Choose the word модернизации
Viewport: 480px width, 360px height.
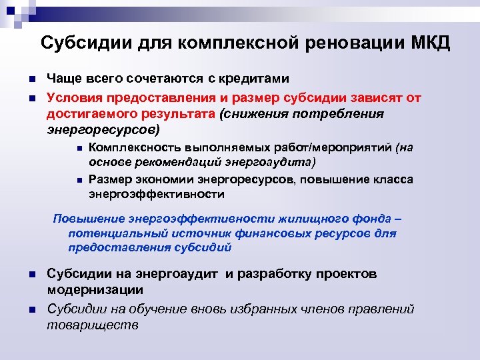[95, 290]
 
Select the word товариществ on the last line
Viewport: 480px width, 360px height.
[93, 325]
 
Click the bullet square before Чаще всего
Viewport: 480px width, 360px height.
[31, 80]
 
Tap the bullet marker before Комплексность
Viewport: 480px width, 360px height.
[79, 147]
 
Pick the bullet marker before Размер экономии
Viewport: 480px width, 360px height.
[79, 180]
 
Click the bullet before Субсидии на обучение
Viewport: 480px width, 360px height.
[31, 310]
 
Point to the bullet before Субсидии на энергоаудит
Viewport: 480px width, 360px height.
[31, 275]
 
